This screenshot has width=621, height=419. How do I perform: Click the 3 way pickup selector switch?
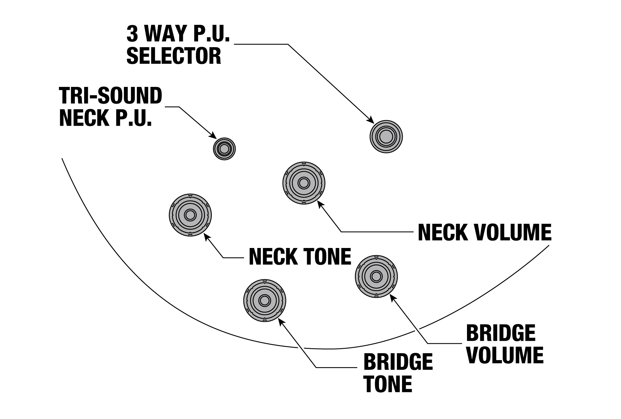coord(386,137)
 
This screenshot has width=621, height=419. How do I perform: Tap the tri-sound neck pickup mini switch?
coord(224,149)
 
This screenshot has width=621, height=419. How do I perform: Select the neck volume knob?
coord(304,183)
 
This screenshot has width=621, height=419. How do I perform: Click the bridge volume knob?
coord(376,276)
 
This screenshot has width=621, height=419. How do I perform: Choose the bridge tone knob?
coord(265,300)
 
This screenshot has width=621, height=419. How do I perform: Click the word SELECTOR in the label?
coord(174,56)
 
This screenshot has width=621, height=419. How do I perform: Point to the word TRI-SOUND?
coord(111,96)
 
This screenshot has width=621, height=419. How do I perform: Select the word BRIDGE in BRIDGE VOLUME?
coord(501,333)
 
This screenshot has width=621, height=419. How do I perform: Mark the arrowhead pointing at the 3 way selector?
coord(370,120)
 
